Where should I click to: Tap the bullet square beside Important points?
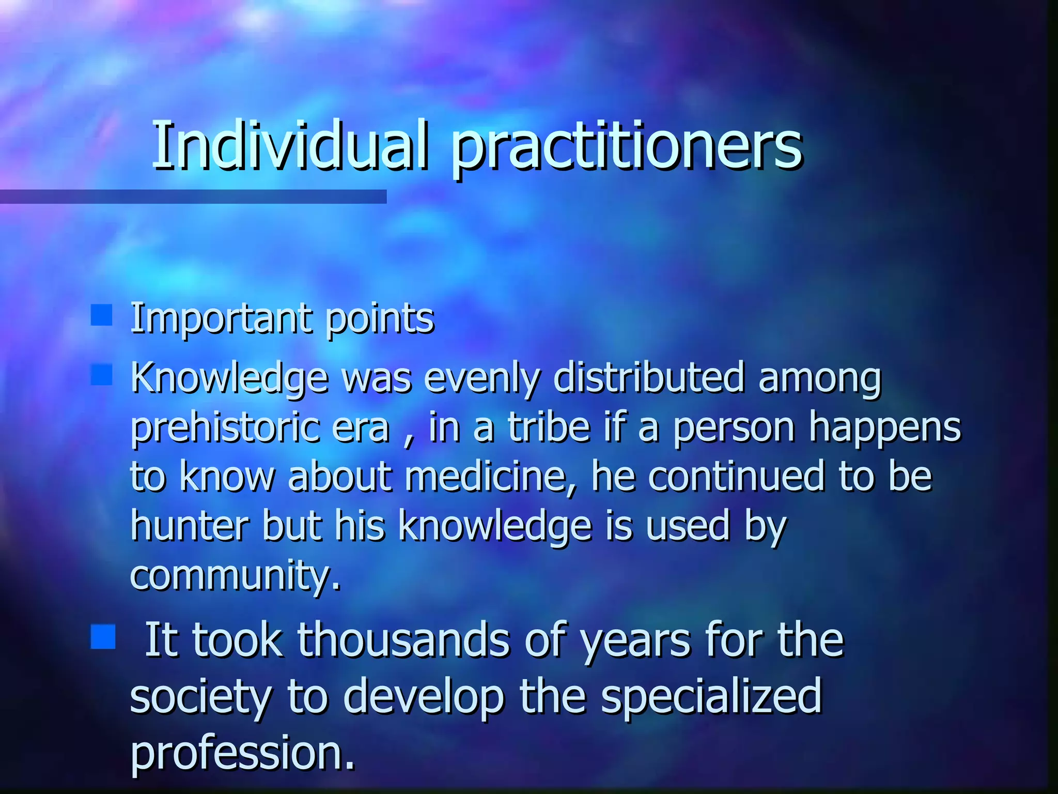tap(102, 315)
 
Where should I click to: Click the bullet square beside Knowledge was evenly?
tap(102, 375)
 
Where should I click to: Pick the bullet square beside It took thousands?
tap(103, 636)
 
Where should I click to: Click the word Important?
tap(221, 318)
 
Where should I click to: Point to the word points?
tap(380, 319)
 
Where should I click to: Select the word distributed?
tap(648, 377)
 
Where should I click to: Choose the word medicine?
tap(490, 477)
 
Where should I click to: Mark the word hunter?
tap(190, 525)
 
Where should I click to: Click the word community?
tap(235, 575)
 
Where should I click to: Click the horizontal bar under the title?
tap(193, 196)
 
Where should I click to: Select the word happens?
tap(884, 429)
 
